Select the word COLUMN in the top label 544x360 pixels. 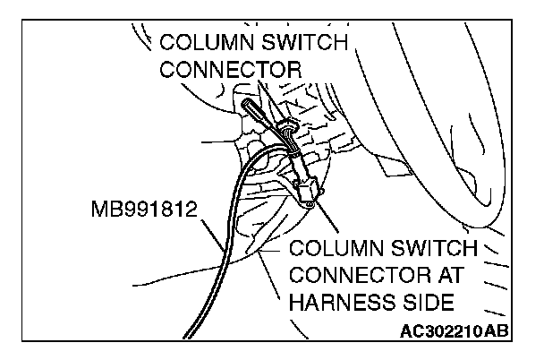pos(206,42)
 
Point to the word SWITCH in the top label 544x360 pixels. pos(305,42)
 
